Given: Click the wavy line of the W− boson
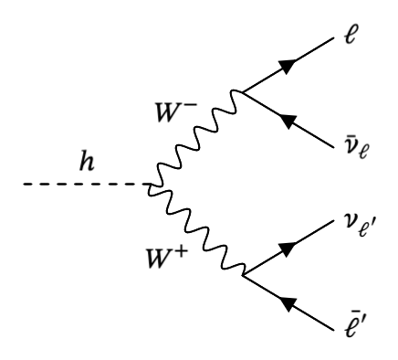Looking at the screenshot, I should pos(196,137).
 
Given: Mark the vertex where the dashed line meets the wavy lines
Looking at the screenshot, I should pos(149,185).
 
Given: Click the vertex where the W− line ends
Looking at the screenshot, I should pos(241,92).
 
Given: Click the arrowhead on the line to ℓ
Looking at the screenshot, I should pos(290,65).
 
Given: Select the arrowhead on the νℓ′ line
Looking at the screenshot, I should pos(290,249).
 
